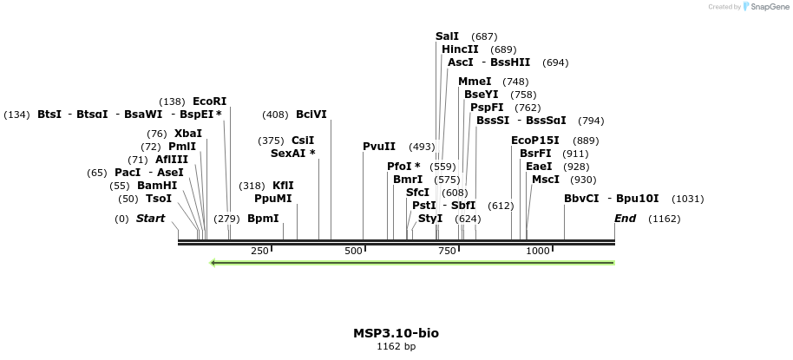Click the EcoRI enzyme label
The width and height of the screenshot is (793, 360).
[209, 101]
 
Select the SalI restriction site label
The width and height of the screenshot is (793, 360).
[447, 36]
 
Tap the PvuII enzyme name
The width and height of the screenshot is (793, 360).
[379, 147]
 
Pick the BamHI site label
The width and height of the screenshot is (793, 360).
[157, 186]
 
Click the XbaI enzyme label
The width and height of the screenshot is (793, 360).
[188, 134]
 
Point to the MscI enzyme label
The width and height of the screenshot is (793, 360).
[546, 180]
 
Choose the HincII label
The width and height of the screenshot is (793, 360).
[460, 49]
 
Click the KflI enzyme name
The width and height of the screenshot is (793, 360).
[283, 186]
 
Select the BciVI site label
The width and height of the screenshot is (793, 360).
[311, 114]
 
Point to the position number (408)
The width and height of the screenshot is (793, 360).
[275, 114]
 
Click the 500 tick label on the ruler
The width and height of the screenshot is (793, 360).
[353, 251]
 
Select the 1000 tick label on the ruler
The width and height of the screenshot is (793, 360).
[538, 251]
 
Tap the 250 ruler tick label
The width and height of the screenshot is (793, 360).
[259, 251]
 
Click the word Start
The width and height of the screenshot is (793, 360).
[150, 219]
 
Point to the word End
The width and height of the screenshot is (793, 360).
[626, 219]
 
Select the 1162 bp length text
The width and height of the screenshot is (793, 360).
[396, 346]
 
